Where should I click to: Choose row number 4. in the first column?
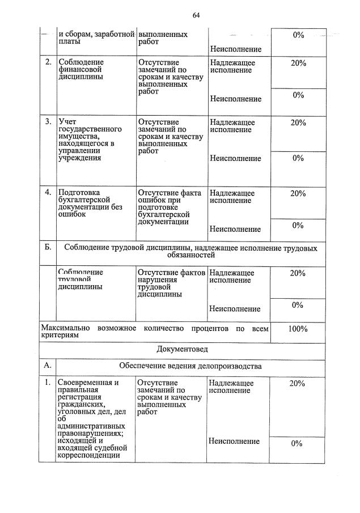(x=48, y=193)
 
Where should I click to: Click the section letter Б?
(x=48, y=248)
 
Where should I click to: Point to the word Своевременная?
(x=88, y=383)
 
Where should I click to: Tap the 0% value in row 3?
(x=298, y=158)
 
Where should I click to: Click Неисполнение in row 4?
(x=235, y=229)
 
